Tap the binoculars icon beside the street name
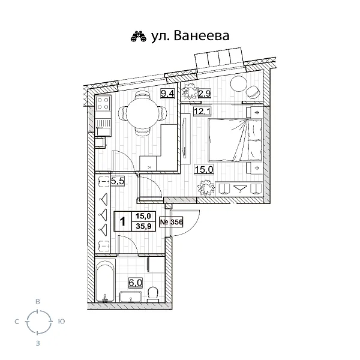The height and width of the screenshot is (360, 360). (x=138, y=37)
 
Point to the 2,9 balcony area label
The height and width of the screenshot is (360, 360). (x=204, y=92)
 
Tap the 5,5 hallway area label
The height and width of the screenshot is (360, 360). (x=117, y=179)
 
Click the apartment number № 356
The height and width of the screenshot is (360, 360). (x=172, y=222)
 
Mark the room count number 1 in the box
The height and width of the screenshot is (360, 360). (x=123, y=222)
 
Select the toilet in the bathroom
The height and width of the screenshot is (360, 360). (x=153, y=293)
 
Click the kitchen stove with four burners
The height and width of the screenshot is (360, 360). (x=102, y=106)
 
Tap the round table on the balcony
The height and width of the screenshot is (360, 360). (x=238, y=85)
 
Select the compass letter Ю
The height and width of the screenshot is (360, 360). (x=62, y=322)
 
